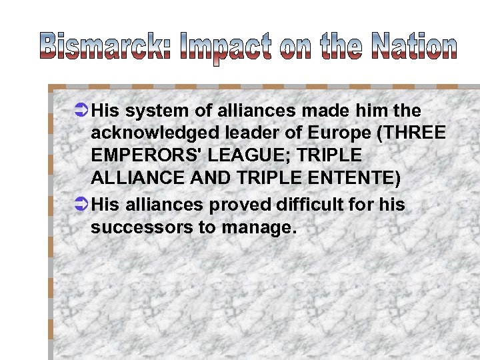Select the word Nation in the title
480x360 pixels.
coord(413,47)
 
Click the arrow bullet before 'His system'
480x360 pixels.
coord(80,110)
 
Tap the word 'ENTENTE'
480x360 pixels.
coord(363,179)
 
